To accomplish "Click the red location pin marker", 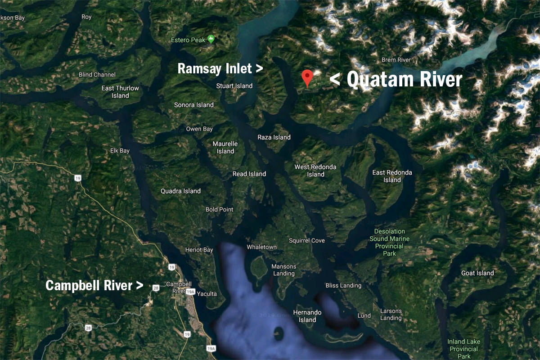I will tap(307, 77).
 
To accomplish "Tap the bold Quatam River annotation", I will tap(396, 80).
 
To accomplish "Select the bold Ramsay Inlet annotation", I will tap(220, 69).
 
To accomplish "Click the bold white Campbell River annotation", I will tap(94, 285).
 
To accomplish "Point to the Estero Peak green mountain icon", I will tap(210, 40).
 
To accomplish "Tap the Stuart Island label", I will tap(234, 86).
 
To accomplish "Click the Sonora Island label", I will tap(194, 105).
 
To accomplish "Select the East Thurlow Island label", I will tap(120, 92).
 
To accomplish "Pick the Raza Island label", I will tap(274, 137).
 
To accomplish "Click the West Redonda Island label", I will tap(315, 171).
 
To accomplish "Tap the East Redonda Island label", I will tap(392, 176).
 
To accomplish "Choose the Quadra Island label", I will tap(180, 191).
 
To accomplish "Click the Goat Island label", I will tap(477, 273).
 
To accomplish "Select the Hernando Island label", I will tap(307, 316).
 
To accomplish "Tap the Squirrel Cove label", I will tap(307, 241).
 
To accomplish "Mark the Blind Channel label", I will tap(97, 75).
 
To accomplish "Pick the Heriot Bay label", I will tap(199, 250).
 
